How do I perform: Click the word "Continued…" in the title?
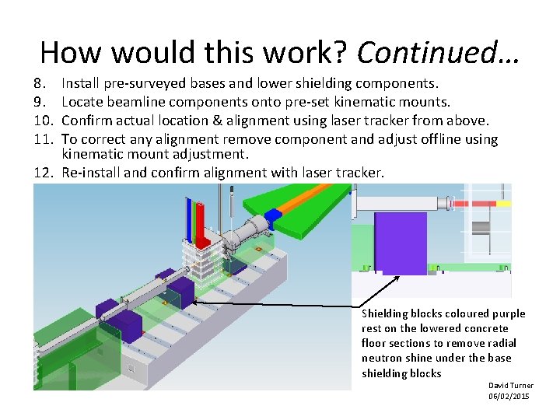(438, 51)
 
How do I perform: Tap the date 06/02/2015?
(509, 397)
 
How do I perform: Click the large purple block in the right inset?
(400, 243)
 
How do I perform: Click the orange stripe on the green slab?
(311, 201)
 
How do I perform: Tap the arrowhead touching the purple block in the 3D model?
(194, 299)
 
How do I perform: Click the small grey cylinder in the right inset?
(481, 226)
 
